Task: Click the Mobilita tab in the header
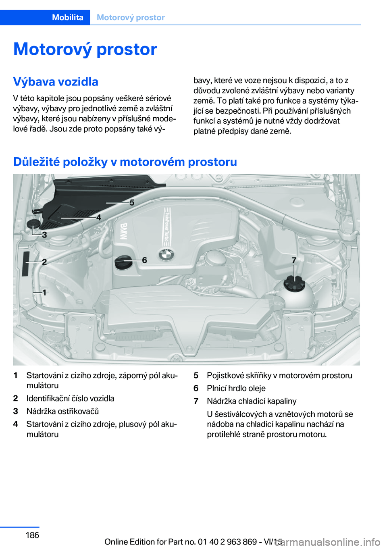pyautogui.click(x=68, y=17)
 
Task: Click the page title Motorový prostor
pyautogui.click(x=85, y=49)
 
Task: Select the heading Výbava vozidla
pyautogui.click(x=56, y=81)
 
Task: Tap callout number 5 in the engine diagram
pyautogui.click(x=131, y=203)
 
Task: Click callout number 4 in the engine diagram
pyautogui.click(x=98, y=217)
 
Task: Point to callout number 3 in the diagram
pyautogui.click(x=44, y=235)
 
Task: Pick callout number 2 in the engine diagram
pyautogui.click(x=44, y=262)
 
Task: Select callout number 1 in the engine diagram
pyautogui.click(x=44, y=292)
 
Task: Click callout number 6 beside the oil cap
pyautogui.click(x=144, y=260)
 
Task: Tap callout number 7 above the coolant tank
pyautogui.click(x=294, y=260)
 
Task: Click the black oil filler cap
pyautogui.click(x=123, y=262)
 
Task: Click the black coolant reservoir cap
pyautogui.click(x=294, y=283)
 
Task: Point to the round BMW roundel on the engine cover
pyautogui.click(x=166, y=255)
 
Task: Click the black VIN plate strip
pyautogui.click(x=26, y=264)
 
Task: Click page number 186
pyautogui.click(x=32, y=534)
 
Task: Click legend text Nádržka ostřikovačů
pyautogui.click(x=62, y=411)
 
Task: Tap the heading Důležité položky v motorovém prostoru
pyautogui.click(x=125, y=162)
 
